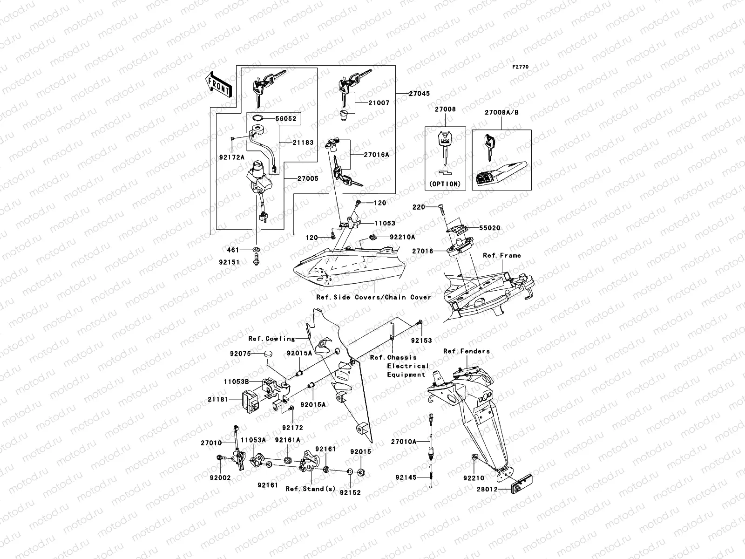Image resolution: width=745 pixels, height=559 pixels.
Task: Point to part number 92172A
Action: point(232,157)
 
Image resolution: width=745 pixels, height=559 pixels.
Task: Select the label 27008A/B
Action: point(501,113)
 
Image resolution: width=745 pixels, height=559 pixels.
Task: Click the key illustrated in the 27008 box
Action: point(445,147)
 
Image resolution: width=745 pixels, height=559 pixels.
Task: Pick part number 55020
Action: point(490,228)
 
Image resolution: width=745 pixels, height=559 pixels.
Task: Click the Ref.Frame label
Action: point(501,255)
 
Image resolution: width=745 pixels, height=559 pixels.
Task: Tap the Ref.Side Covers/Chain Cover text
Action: point(373,297)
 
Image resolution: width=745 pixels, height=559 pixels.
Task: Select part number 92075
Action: point(240,354)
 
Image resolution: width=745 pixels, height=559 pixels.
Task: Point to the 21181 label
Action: point(217,400)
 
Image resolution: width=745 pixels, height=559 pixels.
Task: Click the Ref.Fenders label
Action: point(466,351)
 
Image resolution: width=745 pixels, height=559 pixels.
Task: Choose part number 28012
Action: point(487,489)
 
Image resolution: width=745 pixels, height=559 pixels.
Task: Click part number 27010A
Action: point(403,441)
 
